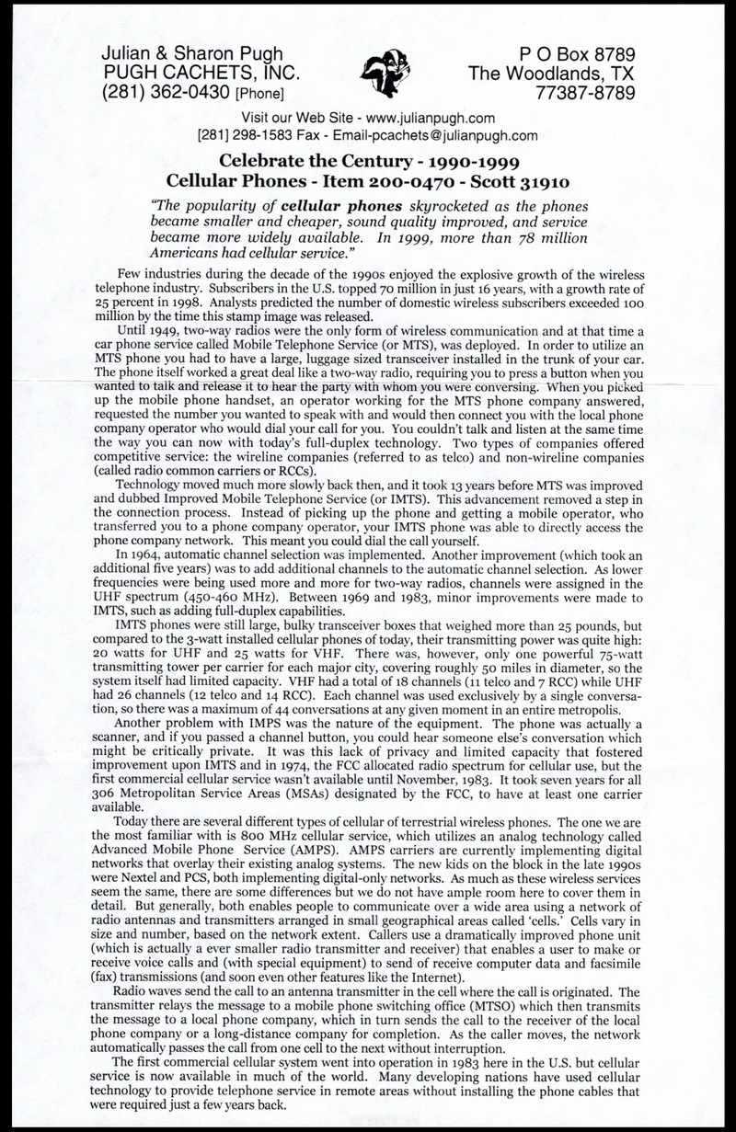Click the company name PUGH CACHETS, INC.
[197, 73]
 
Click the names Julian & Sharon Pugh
[179, 54]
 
